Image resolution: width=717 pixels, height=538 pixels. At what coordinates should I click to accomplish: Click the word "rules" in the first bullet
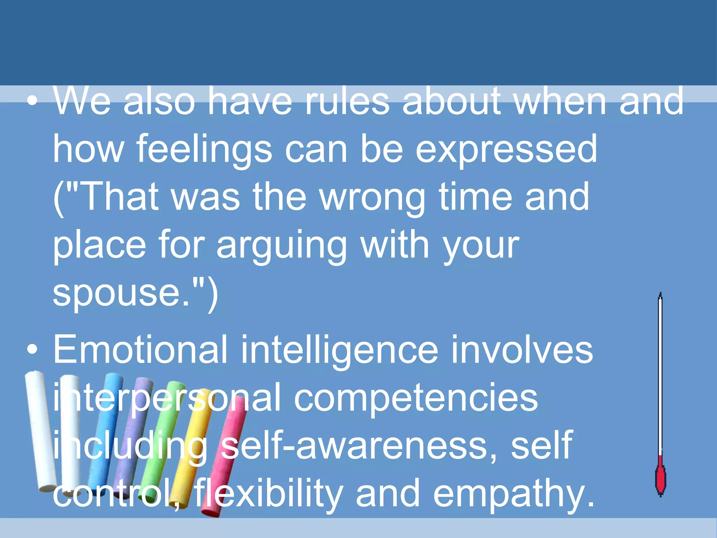pyautogui.click(x=347, y=102)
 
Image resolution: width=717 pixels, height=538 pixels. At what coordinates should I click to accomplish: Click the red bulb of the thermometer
pyautogui.click(x=660, y=478)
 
